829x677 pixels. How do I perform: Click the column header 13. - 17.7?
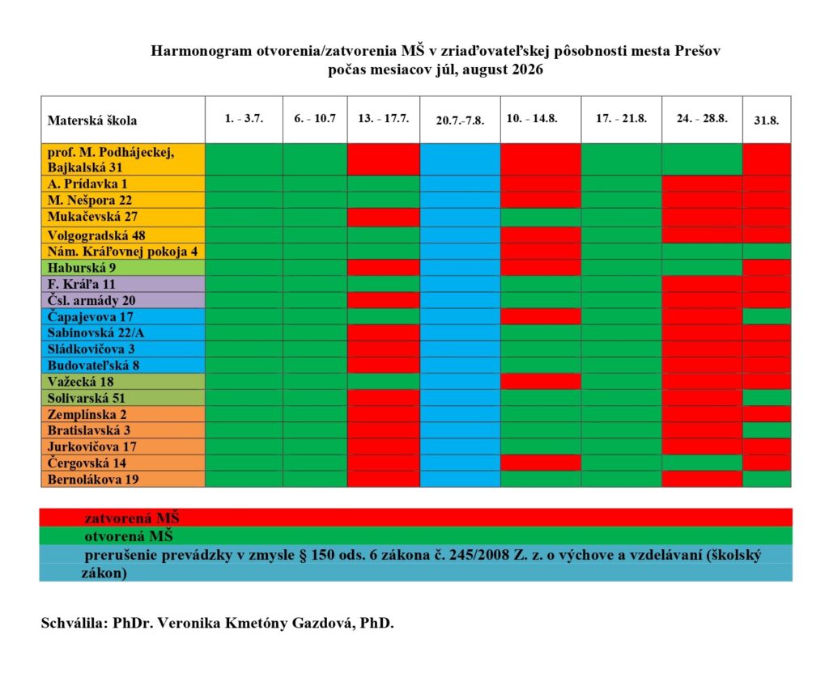(384, 118)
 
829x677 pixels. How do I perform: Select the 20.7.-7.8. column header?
(460, 121)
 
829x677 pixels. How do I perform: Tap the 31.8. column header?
(766, 120)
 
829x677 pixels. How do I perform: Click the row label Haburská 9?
(82, 267)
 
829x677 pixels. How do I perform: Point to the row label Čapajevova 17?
(91, 316)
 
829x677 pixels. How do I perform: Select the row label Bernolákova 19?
(94, 480)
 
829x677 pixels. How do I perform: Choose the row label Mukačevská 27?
(93, 217)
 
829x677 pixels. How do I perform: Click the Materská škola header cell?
(92, 121)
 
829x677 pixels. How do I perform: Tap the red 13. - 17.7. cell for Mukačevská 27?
(384, 217)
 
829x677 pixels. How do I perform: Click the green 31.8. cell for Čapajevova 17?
(766, 316)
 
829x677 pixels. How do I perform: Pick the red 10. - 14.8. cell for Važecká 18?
(541, 381)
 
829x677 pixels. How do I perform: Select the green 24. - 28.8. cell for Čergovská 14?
(702, 463)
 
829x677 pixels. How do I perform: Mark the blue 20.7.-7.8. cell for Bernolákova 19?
(460, 480)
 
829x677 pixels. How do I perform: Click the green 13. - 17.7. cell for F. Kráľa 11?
(384, 283)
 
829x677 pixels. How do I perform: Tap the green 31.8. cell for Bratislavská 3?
(766, 430)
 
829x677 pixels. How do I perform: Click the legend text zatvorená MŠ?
(131, 518)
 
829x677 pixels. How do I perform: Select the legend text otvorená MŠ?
(130, 535)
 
